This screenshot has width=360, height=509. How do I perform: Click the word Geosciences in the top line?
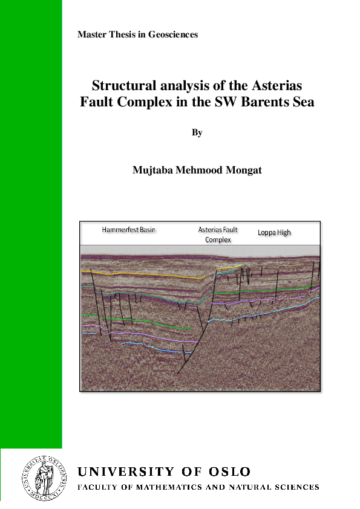(174, 35)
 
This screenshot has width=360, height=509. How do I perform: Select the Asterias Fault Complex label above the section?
(218, 235)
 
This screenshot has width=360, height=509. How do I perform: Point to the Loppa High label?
(274, 232)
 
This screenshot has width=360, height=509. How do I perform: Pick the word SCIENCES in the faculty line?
(297, 487)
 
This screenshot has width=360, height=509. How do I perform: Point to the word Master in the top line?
(91, 35)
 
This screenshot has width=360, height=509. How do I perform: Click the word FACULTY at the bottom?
(98, 487)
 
